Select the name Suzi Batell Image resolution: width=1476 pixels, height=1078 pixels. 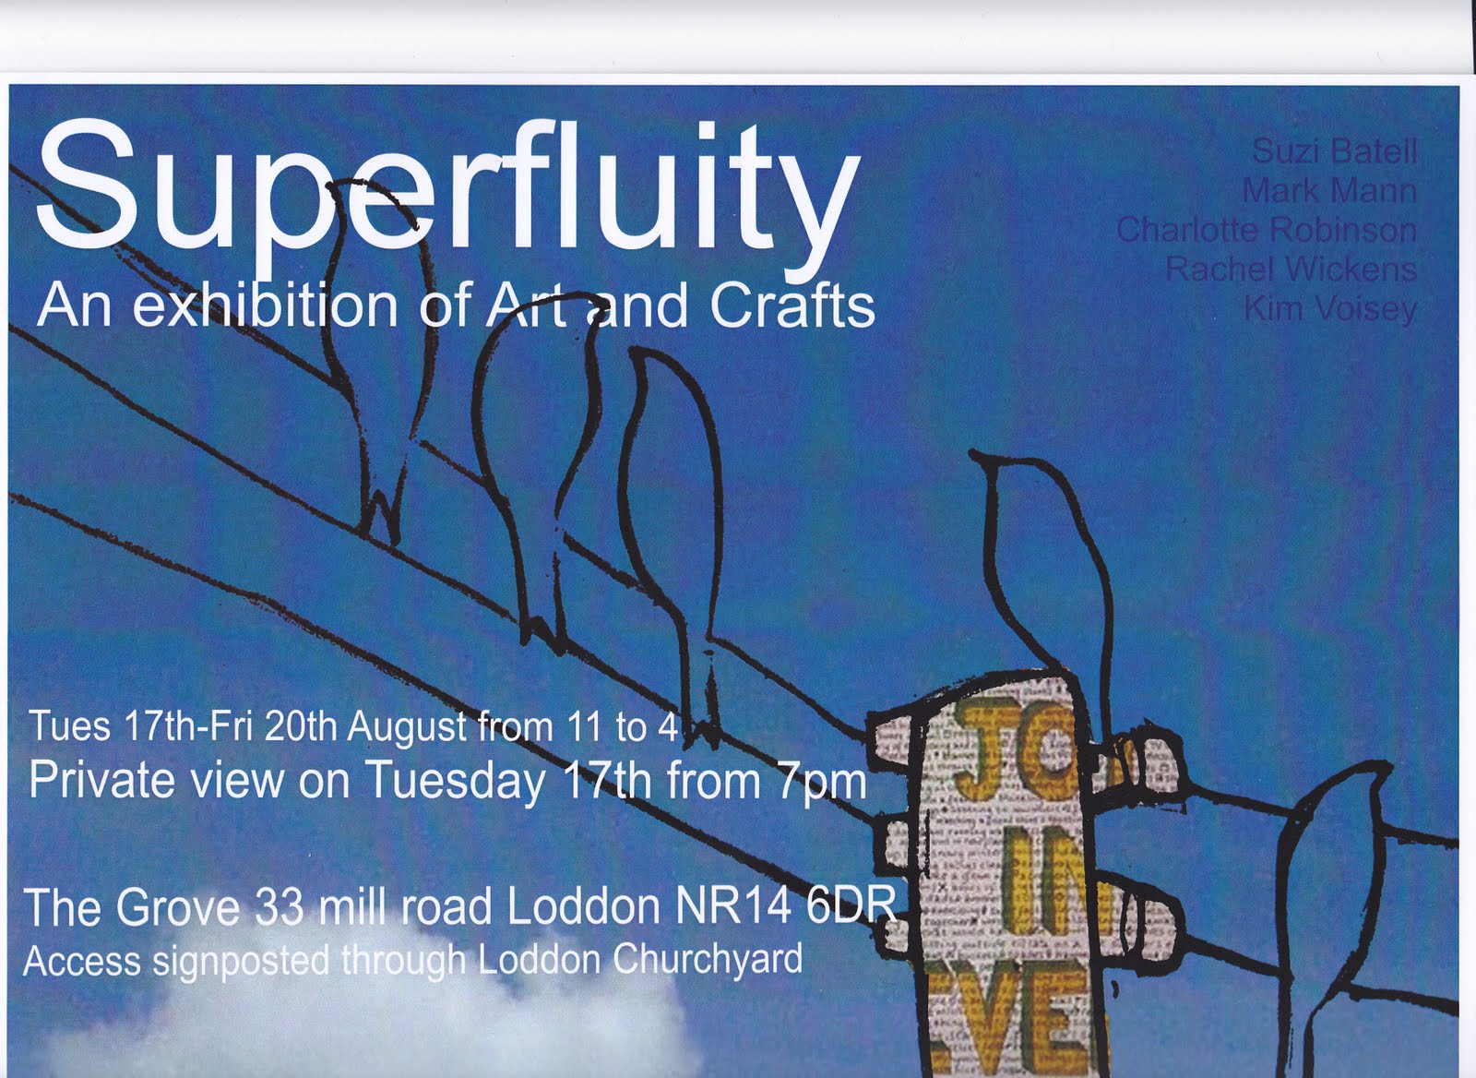1334,151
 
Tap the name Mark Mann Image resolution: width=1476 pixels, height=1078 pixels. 1328,191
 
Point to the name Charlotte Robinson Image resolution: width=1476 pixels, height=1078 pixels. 1266,230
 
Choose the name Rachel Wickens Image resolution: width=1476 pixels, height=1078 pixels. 1291,269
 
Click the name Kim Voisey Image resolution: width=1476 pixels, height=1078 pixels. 1329,309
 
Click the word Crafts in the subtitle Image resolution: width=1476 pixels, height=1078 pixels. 792,307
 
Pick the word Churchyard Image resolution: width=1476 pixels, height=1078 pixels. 707,960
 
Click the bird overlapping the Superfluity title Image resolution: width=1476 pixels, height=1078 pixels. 378,351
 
